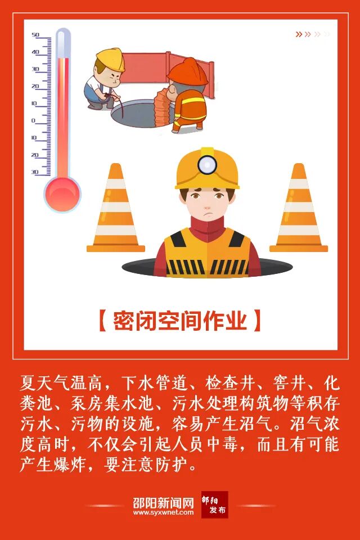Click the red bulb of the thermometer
(62, 193)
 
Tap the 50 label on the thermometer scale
(35, 35)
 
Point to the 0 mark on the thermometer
(33, 120)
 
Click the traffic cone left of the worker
(115, 208)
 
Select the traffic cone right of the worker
(298, 208)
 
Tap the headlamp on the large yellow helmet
(207, 164)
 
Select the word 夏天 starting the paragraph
(37, 383)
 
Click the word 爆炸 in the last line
(70, 465)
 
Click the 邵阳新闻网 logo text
(164, 503)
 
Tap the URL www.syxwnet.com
(164, 512)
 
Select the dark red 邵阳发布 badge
(215, 505)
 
